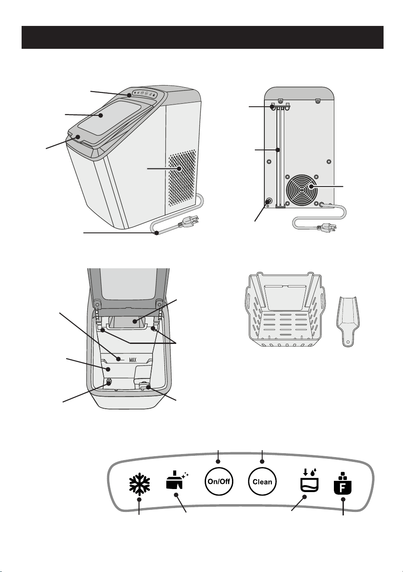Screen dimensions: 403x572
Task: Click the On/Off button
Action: (219, 482)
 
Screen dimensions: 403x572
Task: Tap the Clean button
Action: (262, 482)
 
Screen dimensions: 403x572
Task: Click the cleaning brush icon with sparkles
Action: (177, 480)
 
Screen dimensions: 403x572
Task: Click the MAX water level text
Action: (133, 360)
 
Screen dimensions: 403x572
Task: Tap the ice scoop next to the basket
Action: (348, 321)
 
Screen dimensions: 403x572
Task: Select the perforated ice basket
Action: (285, 309)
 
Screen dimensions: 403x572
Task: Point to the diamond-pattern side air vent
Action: (182, 178)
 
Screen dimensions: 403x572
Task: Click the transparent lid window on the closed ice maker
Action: (110, 118)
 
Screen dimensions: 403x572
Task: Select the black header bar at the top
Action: (202, 37)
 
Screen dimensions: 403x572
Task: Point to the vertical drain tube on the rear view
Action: (280, 156)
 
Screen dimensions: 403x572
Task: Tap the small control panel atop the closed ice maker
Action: (146, 93)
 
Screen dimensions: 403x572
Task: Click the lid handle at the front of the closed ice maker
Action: (79, 137)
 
